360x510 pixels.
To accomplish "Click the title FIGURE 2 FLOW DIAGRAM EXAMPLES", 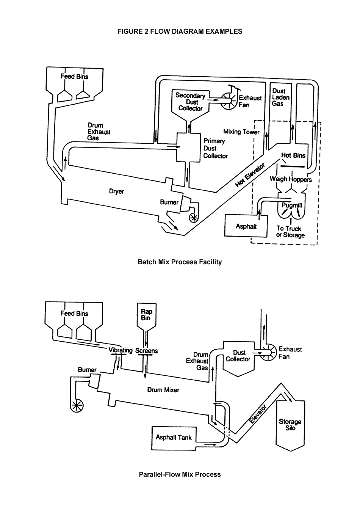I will pyautogui.click(x=180, y=31).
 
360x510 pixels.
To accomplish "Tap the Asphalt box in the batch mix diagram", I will pyautogui.click(x=246, y=226).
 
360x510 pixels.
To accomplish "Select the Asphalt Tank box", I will pyautogui.click(x=174, y=438).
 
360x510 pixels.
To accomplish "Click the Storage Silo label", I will pyautogui.click(x=290, y=425).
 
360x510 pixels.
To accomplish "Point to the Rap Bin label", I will pyautogui.click(x=146, y=315).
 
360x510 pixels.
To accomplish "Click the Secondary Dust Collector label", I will pyautogui.click(x=190, y=102).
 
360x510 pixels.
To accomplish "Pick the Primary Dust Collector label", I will pyautogui.click(x=215, y=148).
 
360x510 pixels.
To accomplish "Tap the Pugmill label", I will pyautogui.click(x=292, y=205).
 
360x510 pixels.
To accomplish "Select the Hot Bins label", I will pyautogui.click(x=293, y=155).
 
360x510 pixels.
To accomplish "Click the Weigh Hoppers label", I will pyautogui.click(x=290, y=179).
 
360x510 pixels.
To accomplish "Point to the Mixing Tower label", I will pyautogui.click(x=241, y=132).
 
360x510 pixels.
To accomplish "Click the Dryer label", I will pyautogui.click(x=116, y=191).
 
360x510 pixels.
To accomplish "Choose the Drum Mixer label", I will pyautogui.click(x=163, y=390).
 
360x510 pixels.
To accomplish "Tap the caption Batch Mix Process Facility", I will pyautogui.click(x=180, y=262).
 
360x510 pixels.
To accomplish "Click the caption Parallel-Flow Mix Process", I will pyautogui.click(x=180, y=474).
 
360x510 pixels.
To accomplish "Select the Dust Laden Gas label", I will pyautogui.click(x=280, y=97).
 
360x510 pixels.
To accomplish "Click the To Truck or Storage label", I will pyautogui.click(x=290, y=232).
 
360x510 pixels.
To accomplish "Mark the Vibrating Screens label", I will pyautogui.click(x=133, y=350).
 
